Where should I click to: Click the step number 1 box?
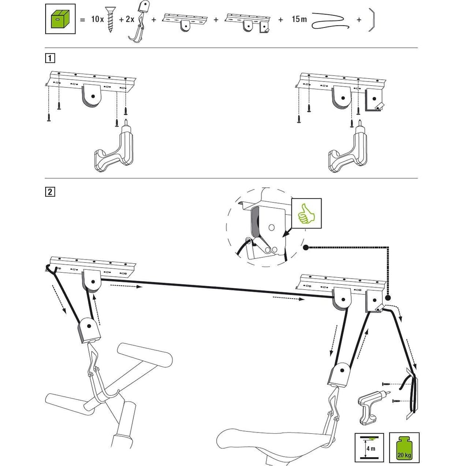(x=49, y=58)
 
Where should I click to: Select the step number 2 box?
(x=49, y=192)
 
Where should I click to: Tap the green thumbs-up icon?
(x=306, y=213)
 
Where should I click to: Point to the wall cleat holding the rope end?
(x=411, y=391)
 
